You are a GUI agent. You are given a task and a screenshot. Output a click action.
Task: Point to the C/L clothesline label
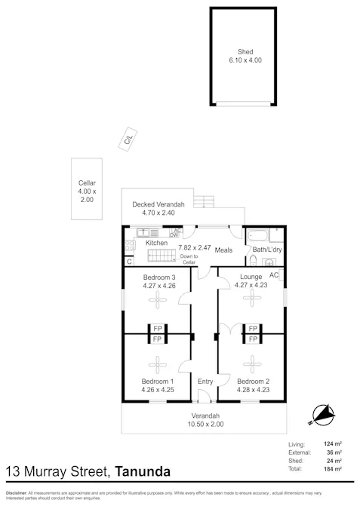click(x=130, y=140)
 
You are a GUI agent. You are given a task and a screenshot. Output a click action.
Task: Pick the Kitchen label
click(x=156, y=243)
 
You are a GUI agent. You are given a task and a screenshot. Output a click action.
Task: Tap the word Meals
click(x=223, y=250)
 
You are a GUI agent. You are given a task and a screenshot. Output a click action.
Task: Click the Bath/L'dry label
click(x=266, y=250)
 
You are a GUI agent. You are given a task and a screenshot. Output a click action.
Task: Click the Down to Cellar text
click(x=189, y=259)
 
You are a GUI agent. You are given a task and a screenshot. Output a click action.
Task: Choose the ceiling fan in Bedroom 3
click(x=158, y=299)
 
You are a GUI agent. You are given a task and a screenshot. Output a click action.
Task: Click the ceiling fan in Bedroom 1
click(x=158, y=367)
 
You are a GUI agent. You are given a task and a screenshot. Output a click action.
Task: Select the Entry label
click(x=205, y=382)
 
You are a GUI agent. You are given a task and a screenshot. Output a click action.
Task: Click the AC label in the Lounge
click(x=273, y=275)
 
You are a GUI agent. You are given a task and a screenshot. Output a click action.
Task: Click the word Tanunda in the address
click(x=143, y=472)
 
